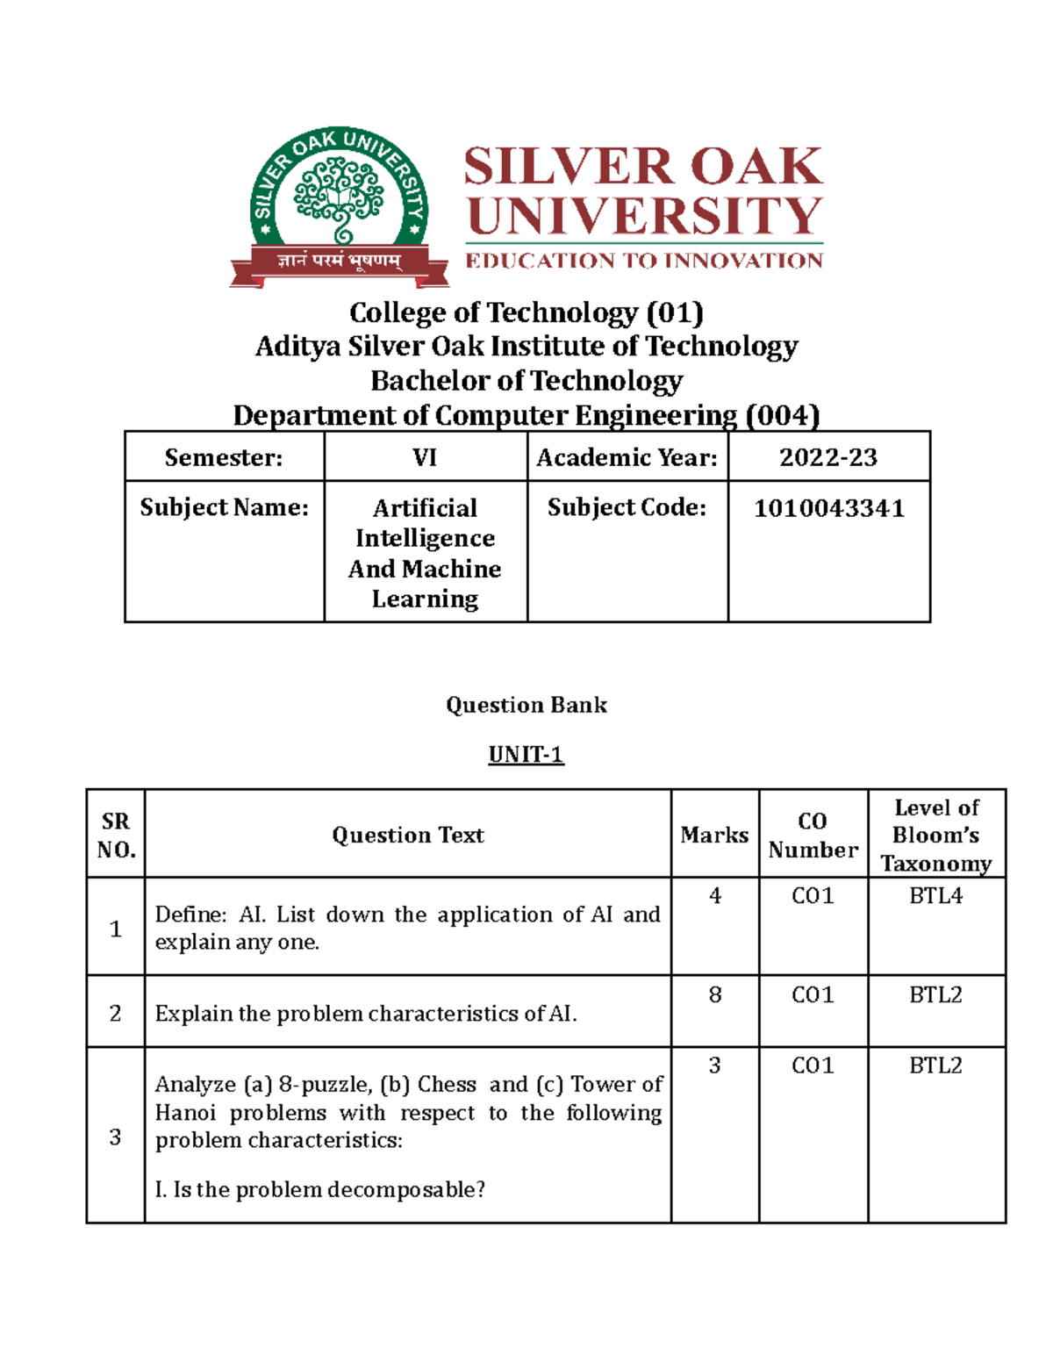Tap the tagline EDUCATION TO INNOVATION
pos(643,261)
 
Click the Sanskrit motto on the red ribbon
pos(340,261)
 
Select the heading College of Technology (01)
pos(526,312)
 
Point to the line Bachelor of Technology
pos(526,381)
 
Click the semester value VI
pos(425,457)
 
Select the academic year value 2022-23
pos(828,457)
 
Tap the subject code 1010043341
pos(828,508)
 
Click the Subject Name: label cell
pos(224,508)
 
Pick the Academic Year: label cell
pos(627,457)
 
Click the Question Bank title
pos(526,705)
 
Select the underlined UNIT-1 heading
pos(526,755)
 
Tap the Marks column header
pos(714,835)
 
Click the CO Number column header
pos(813,835)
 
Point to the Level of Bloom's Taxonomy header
pos(935,835)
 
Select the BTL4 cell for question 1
pos(935,896)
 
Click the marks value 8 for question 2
pos(714,994)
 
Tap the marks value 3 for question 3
pos(714,1065)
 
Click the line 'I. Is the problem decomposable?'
pos(319,1190)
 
